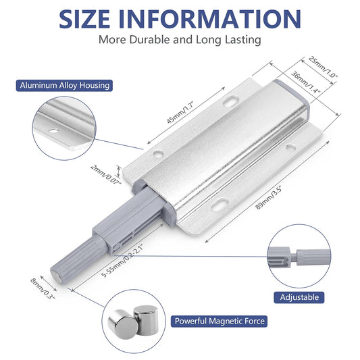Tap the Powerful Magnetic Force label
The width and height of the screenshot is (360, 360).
coord(217,321)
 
